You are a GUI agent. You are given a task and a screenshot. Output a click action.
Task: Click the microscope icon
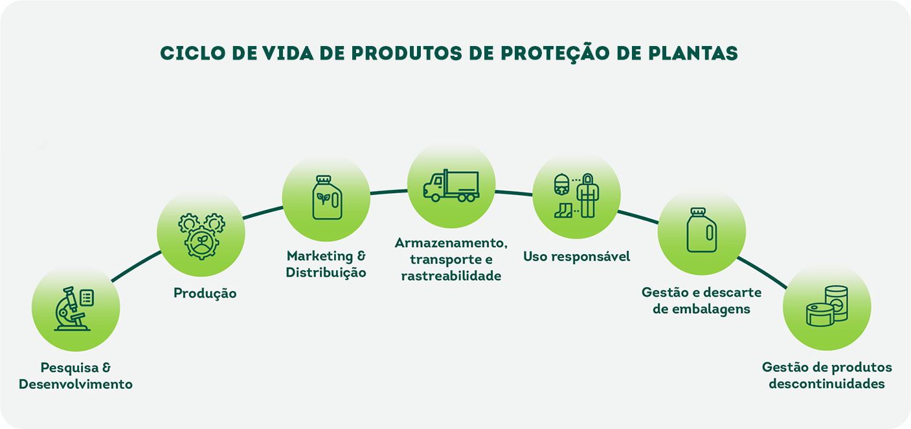coord(71,309)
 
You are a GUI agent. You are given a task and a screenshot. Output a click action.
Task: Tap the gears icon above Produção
coord(201,236)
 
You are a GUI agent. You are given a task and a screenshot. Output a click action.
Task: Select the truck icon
coord(451,186)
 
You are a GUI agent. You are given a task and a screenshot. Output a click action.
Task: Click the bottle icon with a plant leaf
coord(326,198)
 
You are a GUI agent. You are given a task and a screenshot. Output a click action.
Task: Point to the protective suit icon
coord(587,195)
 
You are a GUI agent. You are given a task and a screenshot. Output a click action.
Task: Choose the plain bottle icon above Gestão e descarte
coord(701,231)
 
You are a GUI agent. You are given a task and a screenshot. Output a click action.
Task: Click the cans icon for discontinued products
coord(827,307)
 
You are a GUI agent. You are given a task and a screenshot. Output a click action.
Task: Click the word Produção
coord(205,294)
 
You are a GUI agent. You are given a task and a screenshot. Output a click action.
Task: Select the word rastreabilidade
coord(451,276)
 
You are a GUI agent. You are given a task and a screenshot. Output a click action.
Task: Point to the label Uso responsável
coord(576,257)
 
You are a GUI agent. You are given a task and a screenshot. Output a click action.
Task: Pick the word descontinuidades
coord(827,384)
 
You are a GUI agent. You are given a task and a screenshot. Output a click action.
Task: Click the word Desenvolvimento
coord(76,384)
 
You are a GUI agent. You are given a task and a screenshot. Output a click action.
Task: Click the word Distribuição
coord(326,272)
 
